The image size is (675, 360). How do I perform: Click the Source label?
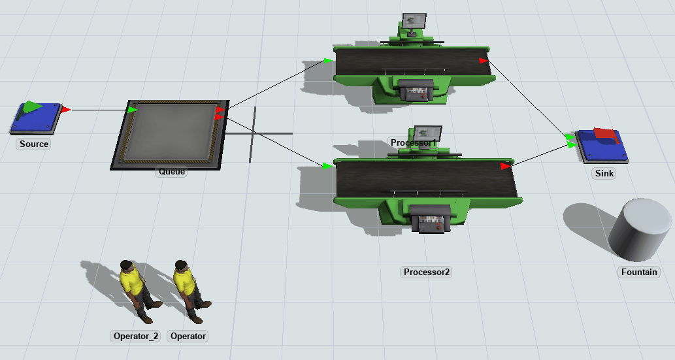click(x=34, y=144)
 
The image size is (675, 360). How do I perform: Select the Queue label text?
click(x=172, y=172)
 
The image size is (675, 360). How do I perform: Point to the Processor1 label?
click(x=412, y=142)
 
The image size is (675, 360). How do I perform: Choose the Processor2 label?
click(x=427, y=272)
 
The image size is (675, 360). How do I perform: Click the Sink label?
click(x=604, y=174)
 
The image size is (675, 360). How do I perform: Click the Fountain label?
click(x=639, y=272)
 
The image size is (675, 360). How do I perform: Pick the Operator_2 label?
click(x=136, y=336)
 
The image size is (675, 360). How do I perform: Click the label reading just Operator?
click(x=188, y=336)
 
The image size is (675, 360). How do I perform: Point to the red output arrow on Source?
click(x=65, y=110)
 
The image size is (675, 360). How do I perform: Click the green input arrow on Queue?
click(x=133, y=110)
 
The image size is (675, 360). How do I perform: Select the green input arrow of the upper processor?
click(x=328, y=61)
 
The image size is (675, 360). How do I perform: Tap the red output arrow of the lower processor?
click(x=505, y=166)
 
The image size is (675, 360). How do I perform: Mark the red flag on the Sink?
click(x=606, y=134)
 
